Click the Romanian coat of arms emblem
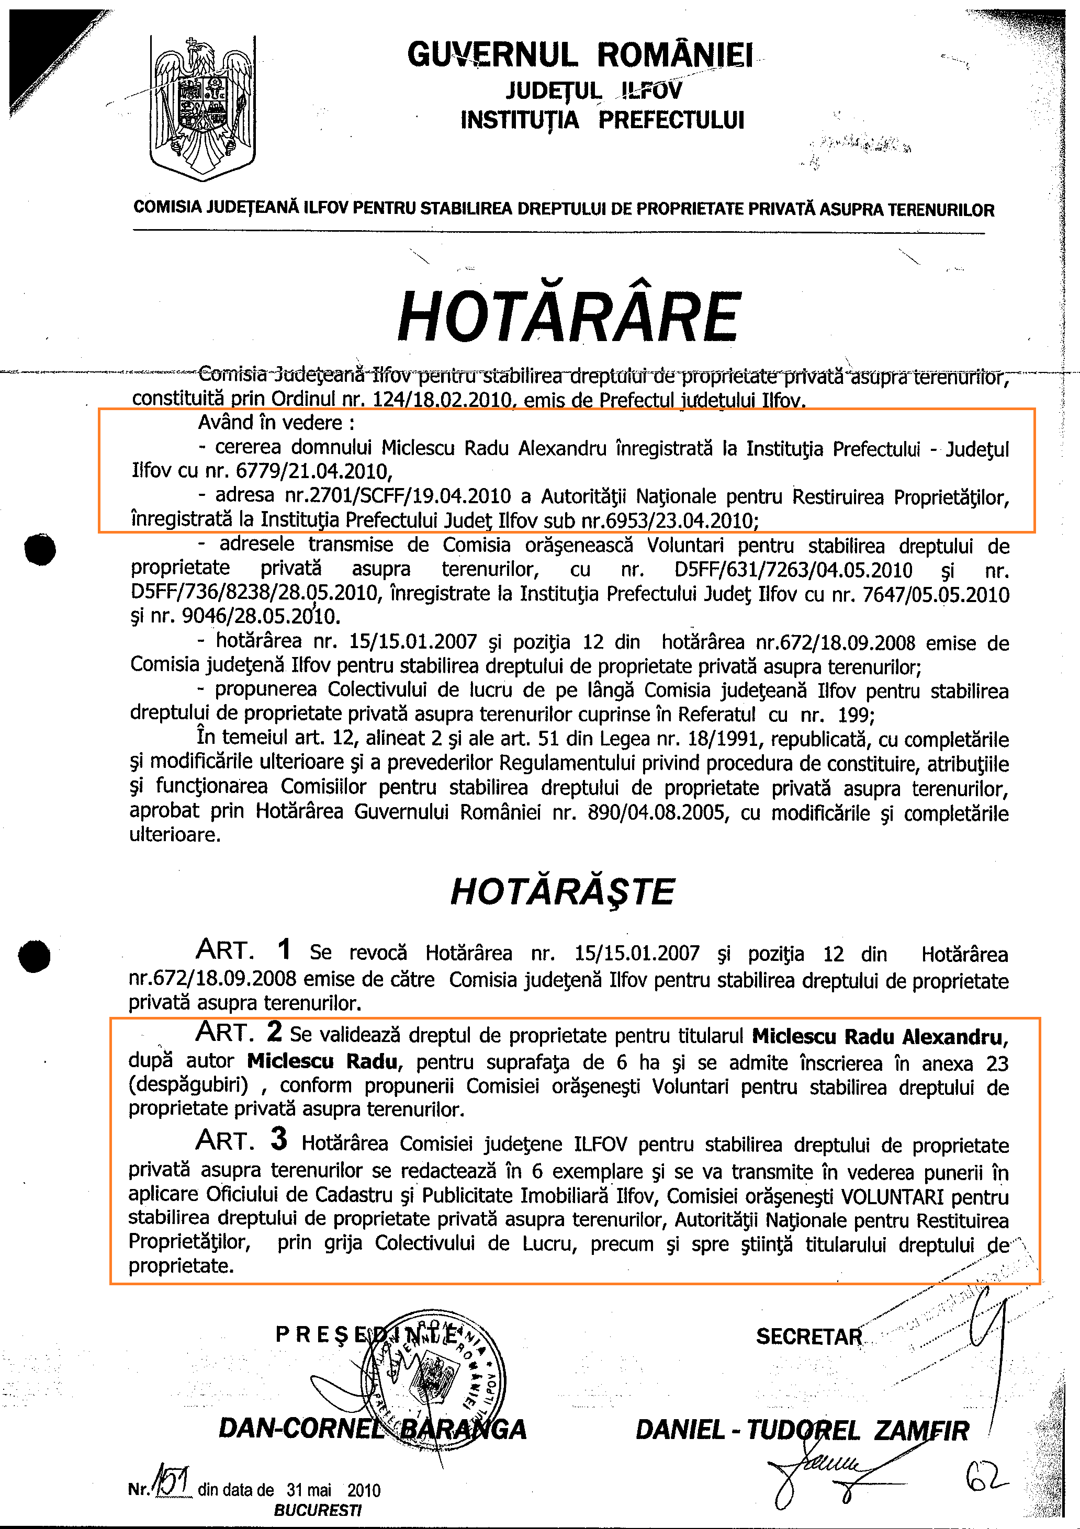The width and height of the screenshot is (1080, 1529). pyautogui.click(x=203, y=107)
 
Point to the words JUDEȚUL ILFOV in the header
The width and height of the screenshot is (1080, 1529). pyautogui.click(x=593, y=90)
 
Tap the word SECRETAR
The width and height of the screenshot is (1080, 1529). pyautogui.click(x=808, y=1336)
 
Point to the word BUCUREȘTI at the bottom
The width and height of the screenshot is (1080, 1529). pyautogui.click(x=317, y=1510)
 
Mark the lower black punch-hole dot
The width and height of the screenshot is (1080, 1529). pyautogui.click(x=34, y=956)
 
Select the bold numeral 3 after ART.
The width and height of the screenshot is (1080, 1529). pyautogui.click(x=278, y=1139)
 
